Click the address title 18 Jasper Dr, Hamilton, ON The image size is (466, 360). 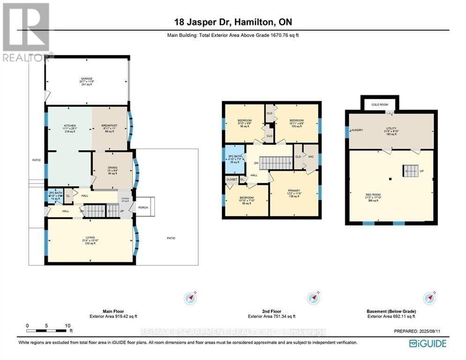232,22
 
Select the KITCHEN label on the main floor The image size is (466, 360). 70,126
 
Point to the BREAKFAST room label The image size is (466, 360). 110,126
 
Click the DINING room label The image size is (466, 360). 112,167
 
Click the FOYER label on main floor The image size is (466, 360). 125,199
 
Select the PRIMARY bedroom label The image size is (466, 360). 294,191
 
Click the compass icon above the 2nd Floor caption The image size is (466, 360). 312,298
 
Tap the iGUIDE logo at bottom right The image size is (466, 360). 428,344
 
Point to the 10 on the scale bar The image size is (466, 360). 67,325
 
